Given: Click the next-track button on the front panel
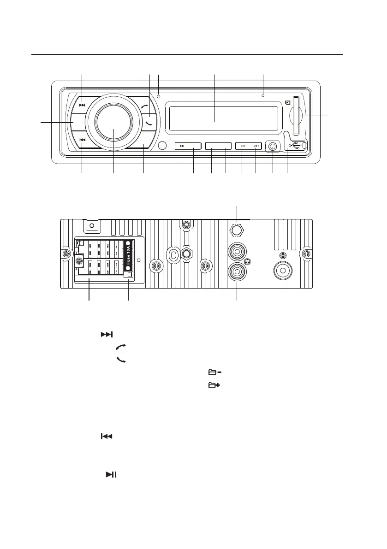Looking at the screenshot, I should pos(82,105).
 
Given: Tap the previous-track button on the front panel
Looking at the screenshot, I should pos(82,140).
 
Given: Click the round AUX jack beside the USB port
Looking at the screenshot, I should pos(273,147).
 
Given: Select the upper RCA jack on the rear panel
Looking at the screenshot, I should pos(237,252).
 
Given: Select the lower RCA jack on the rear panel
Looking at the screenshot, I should pos(237,271).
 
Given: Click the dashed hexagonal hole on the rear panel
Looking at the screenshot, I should pos(237,230).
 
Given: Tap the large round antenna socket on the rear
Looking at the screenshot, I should pos(282,270).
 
